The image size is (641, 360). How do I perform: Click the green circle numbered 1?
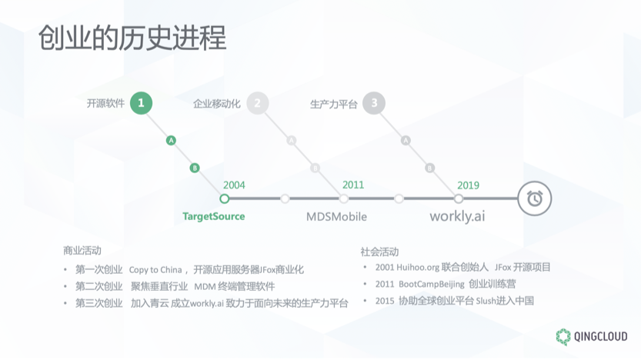[x=140, y=103]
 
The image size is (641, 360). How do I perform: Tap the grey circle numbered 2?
[x=257, y=103]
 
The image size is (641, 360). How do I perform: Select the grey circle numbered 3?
[x=374, y=103]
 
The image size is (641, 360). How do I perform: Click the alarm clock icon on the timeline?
[x=534, y=198]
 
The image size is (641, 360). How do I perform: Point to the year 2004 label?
[x=234, y=185]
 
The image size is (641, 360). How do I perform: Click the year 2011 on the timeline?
[x=353, y=185]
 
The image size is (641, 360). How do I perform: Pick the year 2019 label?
[x=468, y=185]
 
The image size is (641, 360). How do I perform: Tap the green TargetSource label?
[x=213, y=216]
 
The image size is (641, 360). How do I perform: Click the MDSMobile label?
[x=336, y=216]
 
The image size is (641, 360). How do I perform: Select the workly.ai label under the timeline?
[x=457, y=216]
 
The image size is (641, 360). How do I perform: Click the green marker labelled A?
[x=172, y=140]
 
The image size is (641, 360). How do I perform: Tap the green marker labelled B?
[x=195, y=167]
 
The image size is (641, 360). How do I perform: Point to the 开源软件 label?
[x=105, y=103]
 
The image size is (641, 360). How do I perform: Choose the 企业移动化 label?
[x=217, y=103]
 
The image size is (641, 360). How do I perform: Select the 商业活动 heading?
[x=82, y=251]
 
